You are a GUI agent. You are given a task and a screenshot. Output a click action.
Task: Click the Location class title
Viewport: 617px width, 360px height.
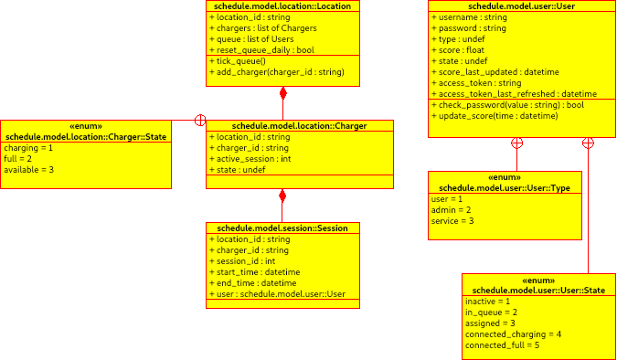(x=282, y=5)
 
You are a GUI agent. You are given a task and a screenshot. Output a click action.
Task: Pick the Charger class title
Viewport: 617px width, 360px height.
(x=287, y=125)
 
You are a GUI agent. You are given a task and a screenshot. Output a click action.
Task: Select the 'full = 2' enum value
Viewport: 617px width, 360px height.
(x=17, y=158)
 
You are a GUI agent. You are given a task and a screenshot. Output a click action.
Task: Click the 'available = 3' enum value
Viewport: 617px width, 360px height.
(x=29, y=169)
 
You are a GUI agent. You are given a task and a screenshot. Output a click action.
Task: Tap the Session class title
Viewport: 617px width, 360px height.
(x=282, y=228)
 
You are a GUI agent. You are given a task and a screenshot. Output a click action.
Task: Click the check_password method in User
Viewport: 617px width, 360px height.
(x=511, y=105)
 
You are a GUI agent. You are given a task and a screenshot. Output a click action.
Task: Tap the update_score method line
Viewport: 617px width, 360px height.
(x=498, y=116)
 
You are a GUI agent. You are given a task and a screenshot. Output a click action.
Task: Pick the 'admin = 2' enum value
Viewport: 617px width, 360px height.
(x=450, y=209)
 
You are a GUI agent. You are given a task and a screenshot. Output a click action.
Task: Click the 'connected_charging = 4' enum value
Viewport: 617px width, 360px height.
(x=513, y=334)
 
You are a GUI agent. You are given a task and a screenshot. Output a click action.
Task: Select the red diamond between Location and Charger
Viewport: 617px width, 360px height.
(x=283, y=93)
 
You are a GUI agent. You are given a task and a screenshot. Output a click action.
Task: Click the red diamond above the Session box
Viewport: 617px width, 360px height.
(x=282, y=196)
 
